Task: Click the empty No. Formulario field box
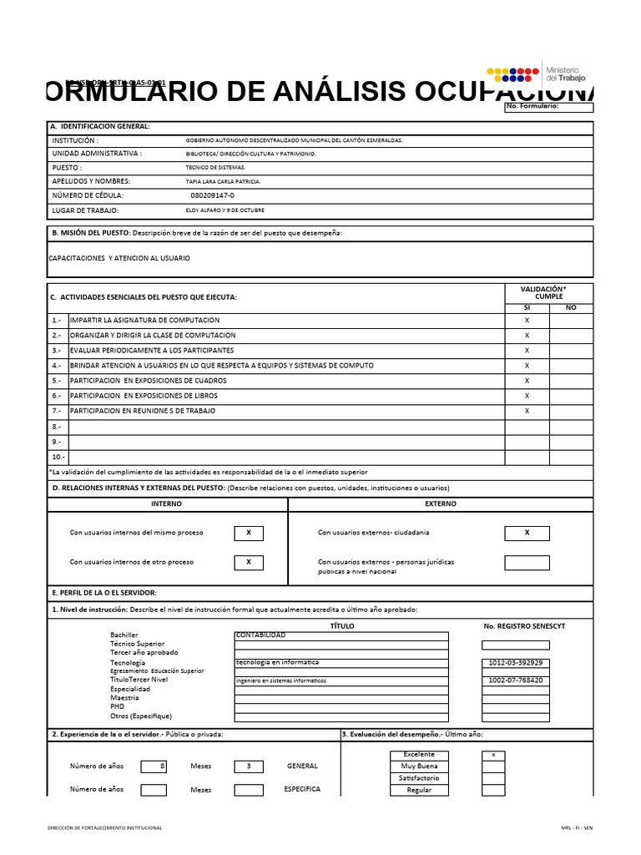point(549,107)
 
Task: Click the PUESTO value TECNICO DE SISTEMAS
point(215,168)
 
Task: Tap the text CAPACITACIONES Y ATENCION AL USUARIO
point(119,258)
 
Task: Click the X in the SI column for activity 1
point(527,321)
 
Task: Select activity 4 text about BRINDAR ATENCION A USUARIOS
point(222,366)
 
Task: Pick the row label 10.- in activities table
point(58,457)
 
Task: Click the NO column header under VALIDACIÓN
point(571,308)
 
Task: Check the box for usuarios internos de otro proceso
point(249,563)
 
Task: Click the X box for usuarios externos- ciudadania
point(527,533)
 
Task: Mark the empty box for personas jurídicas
point(527,563)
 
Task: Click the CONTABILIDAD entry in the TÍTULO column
point(260,635)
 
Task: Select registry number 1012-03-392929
point(515,663)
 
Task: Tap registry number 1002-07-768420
point(515,680)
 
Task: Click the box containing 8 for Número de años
point(154,766)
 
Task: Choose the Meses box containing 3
point(249,766)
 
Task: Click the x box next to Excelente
point(493,755)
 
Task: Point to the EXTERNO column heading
point(441,504)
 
